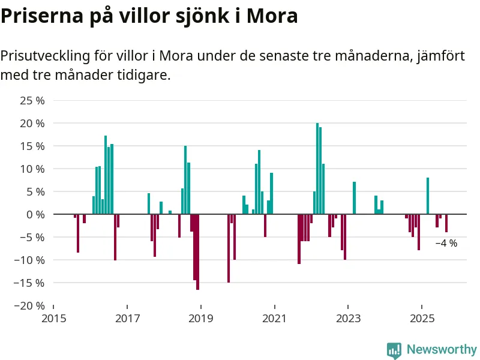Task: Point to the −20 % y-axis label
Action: pyautogui.click(x=29, y=305)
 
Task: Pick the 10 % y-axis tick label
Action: pyautogui.click(x=32, y=169)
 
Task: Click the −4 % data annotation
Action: pyautogui.click(x=446, y=244)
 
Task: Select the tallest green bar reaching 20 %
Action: pyautogui.click(x=317, y=169)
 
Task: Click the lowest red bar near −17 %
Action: pyautogui.click(x=197, y=252)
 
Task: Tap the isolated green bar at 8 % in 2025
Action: pyautogui.click(x=428, y=196)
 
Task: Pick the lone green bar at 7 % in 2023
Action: pyautogui.click(x=354, y=198)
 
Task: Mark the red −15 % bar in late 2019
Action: pyautogui.click(x=229, y=248)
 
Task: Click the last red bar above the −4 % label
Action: pyautogui.click(x=446, y=223)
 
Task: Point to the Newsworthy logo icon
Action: pyautogui.click(x=394, y=350)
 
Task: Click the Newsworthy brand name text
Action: pyautogui.click(x=442, y=349)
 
